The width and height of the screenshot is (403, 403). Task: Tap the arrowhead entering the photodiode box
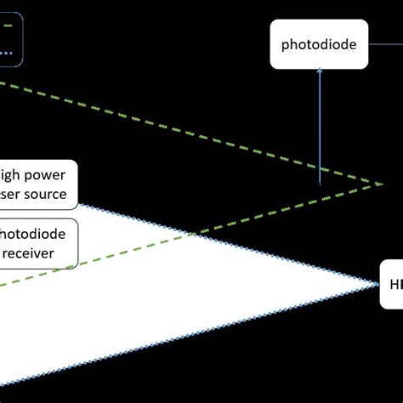[320, 74]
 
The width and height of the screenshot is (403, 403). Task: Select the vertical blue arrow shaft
[320, 128]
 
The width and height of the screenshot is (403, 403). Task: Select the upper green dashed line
[170, 128]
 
